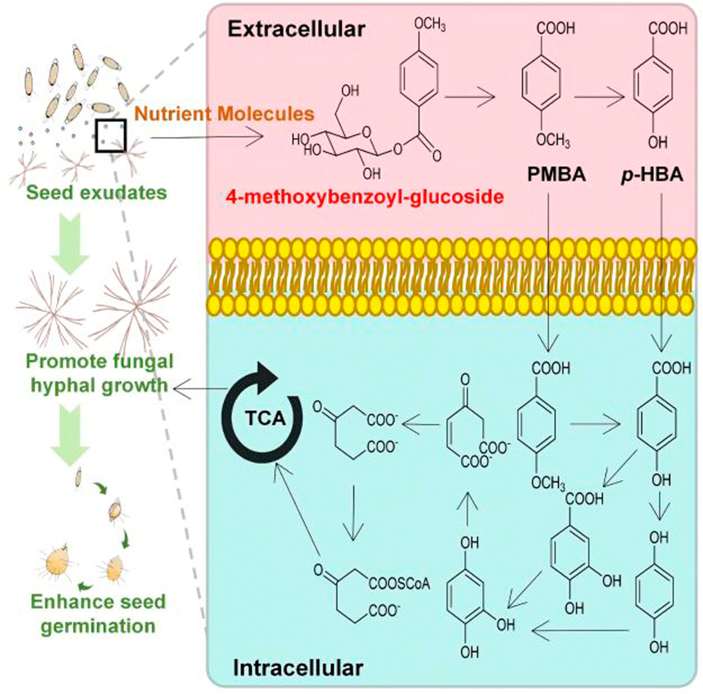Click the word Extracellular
(x=296, y=29)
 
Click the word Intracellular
(x=298, y=668)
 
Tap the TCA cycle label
(x=266, y=418)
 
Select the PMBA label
(x=556, y=174)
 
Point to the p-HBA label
(x=652, y=175)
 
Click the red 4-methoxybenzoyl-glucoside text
(x=365, y=197)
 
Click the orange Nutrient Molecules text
(x=224, y=114)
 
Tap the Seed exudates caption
(x=97, y=193)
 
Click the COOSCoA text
(x=399, y=583)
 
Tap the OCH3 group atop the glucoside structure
(x=430, y=25)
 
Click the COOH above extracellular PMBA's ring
(x=556, y=28)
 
